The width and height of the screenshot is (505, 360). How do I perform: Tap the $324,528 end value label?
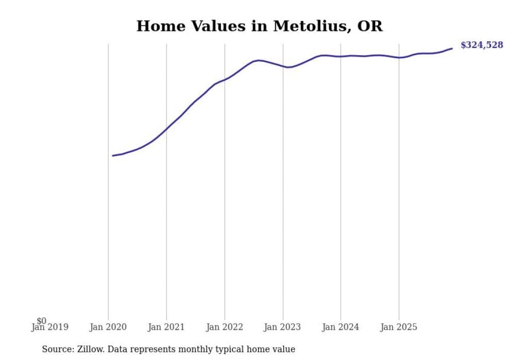click(481, 45)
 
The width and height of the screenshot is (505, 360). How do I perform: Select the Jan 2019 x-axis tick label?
click(49, 327)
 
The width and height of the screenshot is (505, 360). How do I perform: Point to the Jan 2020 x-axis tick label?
click(108, 327)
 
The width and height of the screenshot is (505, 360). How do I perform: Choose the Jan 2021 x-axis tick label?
click(166, 327)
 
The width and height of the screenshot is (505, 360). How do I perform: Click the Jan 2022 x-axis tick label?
click(225, 327)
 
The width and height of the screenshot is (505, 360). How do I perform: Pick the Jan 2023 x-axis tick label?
click(282, 327)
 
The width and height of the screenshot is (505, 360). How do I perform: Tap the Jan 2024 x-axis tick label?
click(341, 327)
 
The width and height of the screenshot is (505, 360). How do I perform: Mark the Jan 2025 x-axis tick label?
click(399, 327)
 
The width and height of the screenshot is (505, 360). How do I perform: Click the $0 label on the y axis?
click(41, 321)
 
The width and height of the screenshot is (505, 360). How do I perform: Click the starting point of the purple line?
click(113, 156)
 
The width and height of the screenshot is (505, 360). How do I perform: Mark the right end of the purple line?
click(452, 48)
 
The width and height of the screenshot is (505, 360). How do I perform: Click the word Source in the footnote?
click(57, 350)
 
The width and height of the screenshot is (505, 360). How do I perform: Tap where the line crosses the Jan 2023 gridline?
click(282, 66)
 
